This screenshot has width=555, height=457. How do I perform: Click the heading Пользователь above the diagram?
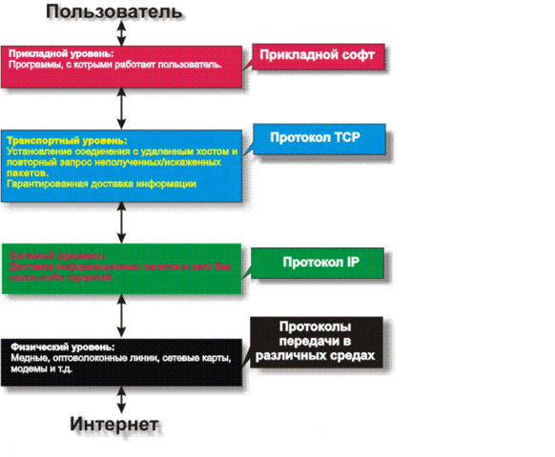click(x=121, y=11)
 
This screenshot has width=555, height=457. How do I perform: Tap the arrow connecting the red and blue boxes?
click(x=121, y=109)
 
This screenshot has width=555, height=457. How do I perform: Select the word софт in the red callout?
click(x=361, y=57)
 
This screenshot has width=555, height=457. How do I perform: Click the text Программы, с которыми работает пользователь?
click(x=115, y=65)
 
